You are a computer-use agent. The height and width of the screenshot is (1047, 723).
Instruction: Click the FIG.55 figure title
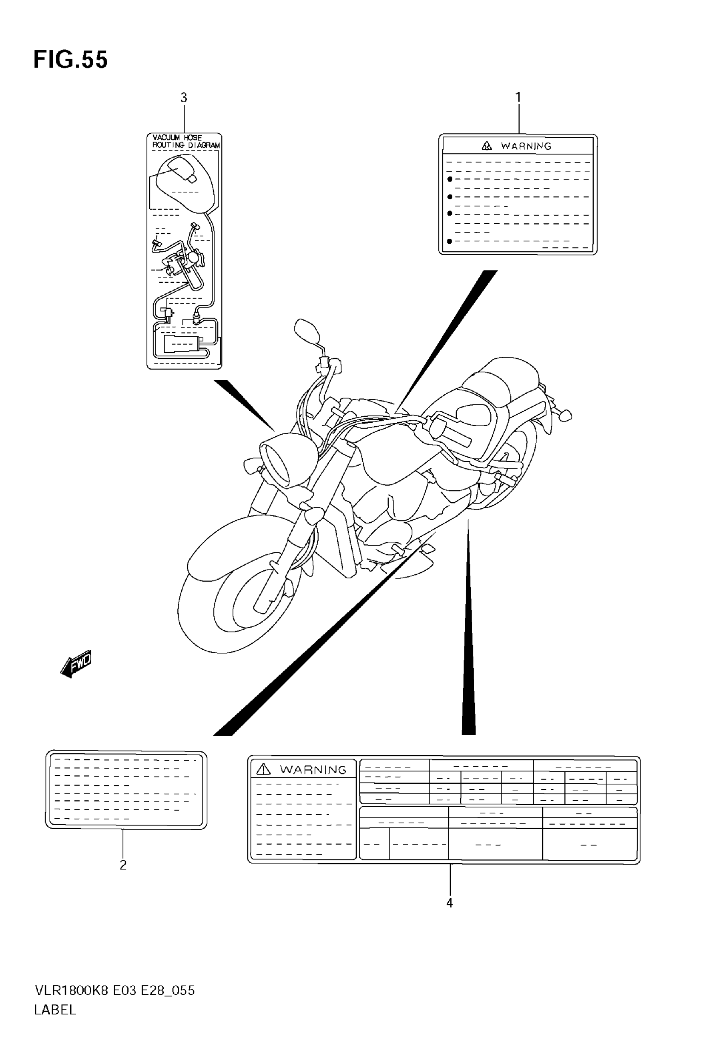[x=71, y=60]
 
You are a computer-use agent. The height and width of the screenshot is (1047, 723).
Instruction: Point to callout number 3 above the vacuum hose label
[x=183, y=98]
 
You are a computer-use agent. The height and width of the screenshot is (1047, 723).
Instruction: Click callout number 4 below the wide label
[x=450, y=903]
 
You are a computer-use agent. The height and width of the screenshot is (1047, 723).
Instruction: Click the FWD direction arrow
[x=76, y=664]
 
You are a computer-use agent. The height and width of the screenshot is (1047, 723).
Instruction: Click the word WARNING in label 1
[x=526, y=146]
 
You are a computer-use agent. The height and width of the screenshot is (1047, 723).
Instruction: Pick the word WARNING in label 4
[x=313, y=769]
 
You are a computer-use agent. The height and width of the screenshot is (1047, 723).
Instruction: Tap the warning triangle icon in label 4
[x=263, y=769]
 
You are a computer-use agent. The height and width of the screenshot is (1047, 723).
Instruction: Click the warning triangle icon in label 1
[x=487, y=146]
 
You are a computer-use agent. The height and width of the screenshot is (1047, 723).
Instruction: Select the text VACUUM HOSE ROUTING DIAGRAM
[x=185, y=141]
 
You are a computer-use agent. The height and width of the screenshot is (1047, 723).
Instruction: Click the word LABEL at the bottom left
[x=55, y=1010]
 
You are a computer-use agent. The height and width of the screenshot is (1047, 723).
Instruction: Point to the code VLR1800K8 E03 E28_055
[x=114, y=990]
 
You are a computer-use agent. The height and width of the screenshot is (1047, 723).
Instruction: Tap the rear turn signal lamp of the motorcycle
[x=566, y=415]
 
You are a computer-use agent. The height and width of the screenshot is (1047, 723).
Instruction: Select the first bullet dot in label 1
[x=450, y=179]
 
